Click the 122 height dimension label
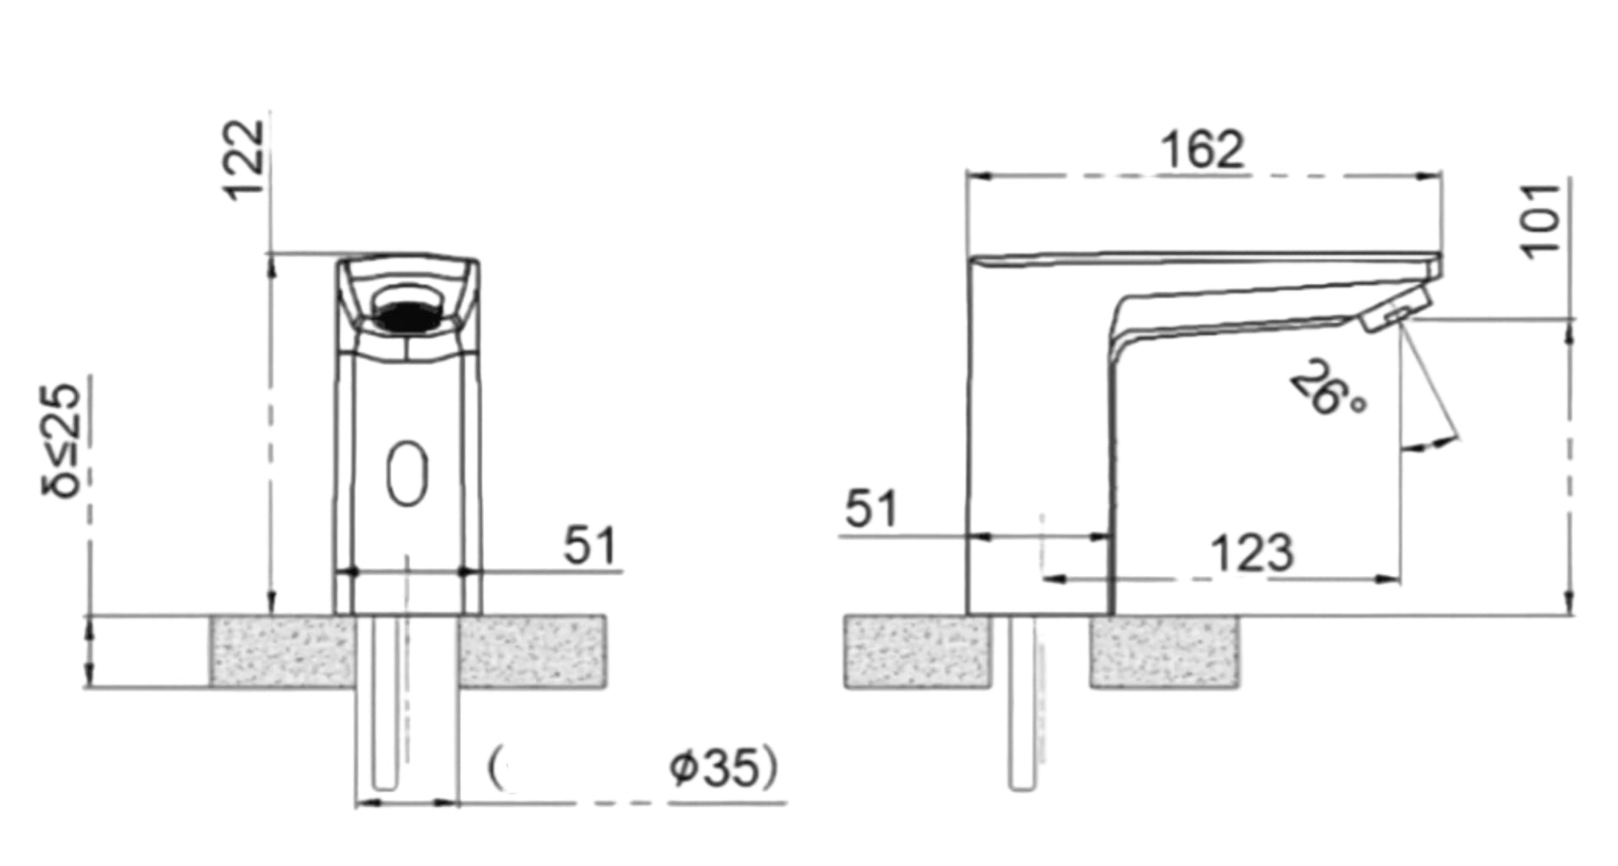(243, 160)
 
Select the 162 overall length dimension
(1202, 150)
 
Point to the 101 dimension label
(1542, 220)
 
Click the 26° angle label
(1327, 389)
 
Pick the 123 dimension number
(1252, 553)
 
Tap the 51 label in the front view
(590, 546)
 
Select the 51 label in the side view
(871, 509)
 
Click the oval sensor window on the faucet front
(406, 473)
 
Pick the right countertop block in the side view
(1165, 652)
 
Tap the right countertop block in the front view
(531, 652)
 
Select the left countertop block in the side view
(917, 652)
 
